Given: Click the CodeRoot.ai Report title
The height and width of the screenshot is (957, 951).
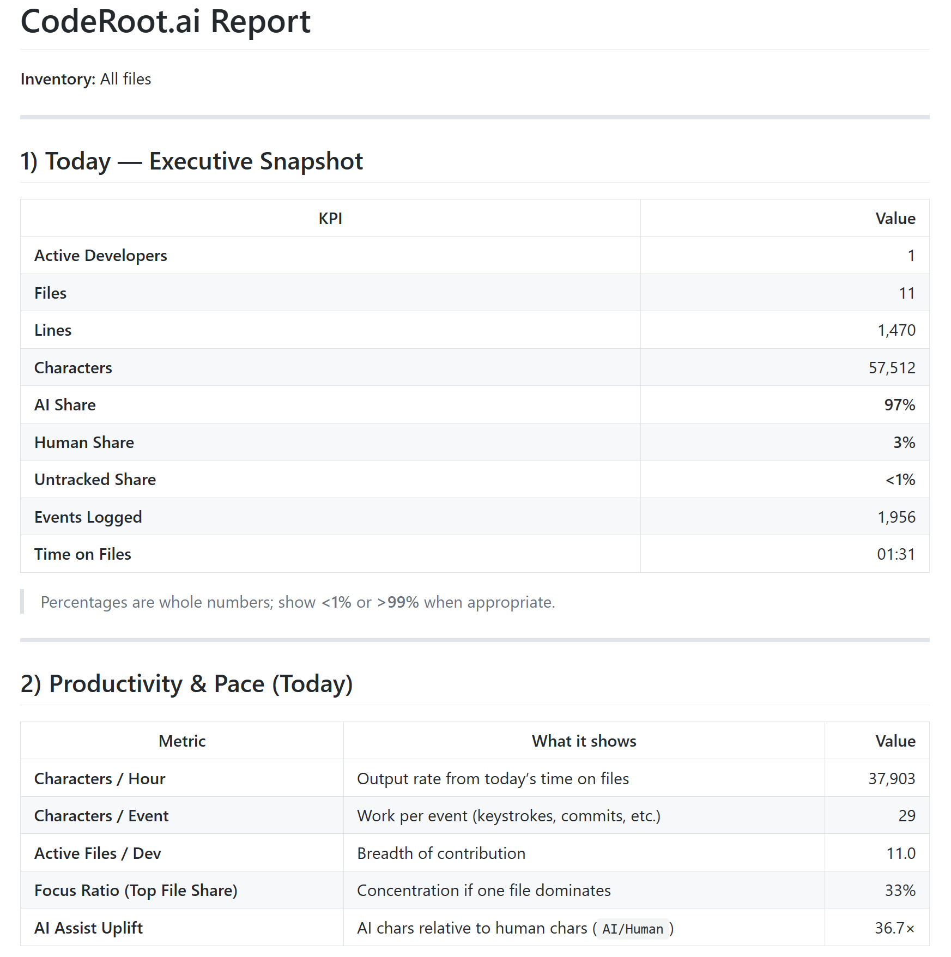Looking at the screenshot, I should (x=165, y=22).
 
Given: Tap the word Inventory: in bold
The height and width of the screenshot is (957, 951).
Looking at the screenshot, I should (x=58, y=79).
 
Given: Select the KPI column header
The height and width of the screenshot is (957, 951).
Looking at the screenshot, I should (x=330, y=219).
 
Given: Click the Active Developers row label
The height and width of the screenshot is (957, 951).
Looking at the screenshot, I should (x=101, y=256).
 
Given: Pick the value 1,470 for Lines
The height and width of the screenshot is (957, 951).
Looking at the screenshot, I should (x=896, y=330).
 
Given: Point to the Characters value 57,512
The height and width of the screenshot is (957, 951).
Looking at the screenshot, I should (x=892, y=368).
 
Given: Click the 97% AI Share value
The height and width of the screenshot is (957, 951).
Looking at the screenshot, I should (x=899, y=405).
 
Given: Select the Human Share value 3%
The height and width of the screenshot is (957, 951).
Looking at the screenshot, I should (x=904, y=443).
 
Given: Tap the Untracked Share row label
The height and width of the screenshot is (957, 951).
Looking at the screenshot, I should (x=95, y=480).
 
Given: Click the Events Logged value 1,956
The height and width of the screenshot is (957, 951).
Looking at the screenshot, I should (x=896, y=517).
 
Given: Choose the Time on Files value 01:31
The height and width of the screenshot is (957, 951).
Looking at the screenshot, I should (x=895, y=554).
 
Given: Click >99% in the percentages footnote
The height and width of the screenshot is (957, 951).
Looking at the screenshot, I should (x=398, y=602).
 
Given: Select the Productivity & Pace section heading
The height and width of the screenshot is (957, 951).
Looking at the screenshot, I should (x=186, y=684).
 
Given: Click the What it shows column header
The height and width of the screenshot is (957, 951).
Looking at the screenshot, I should (x=584, y=741).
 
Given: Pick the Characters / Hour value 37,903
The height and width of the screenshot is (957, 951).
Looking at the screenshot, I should (x=892, y=779).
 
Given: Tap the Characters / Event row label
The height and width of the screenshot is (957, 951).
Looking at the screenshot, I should (x=101, y=816).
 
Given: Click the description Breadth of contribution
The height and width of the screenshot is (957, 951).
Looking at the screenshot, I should (x=441, y=853).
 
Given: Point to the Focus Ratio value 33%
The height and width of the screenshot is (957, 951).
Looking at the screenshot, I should (x=900, y=891).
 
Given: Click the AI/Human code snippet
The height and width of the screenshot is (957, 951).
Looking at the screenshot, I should (x=632, y=929).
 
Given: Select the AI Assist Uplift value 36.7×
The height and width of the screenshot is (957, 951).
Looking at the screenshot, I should (x=894, y=928).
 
